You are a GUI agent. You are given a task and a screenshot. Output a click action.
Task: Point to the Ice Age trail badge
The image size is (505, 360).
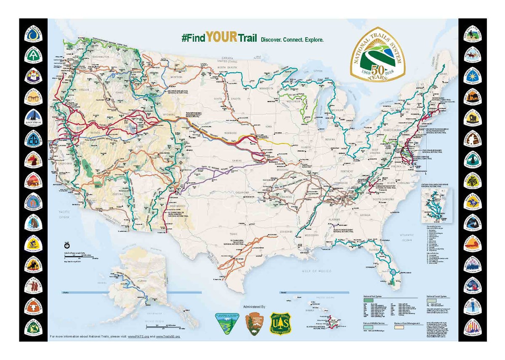[x=32, y=222]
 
